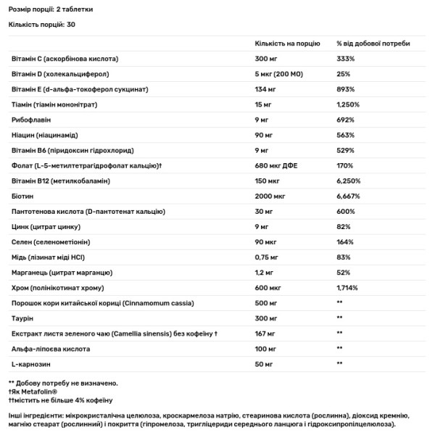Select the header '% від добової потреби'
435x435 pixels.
point(368,43)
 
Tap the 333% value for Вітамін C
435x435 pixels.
point(345,58)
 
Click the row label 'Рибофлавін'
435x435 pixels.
point(30,120)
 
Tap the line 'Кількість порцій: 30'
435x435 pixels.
point(42,25)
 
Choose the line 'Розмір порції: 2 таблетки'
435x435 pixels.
point(51,8)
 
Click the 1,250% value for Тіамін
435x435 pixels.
point(349,104)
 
